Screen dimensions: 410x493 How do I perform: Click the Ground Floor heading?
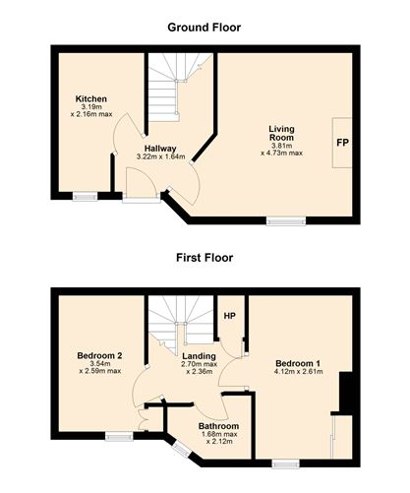tap(204, 28)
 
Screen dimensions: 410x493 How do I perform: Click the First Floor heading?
tap(205, 258)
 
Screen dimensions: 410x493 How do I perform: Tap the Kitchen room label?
tap(91, 98)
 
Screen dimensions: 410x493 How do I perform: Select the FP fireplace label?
tap(342, 143)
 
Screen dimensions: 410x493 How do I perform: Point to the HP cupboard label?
tap(230, 316)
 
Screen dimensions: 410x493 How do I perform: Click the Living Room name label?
tap(281, 133)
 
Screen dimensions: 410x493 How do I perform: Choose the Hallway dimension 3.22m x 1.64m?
tap(160, 156)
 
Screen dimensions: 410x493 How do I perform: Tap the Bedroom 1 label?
tap(298, 363)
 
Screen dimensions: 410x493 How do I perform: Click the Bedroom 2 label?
tap(99, 355)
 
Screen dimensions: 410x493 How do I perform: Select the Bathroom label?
tap(218, 426)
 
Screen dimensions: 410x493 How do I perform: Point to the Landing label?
tap(199, 356)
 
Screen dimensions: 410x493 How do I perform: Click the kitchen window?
tap(86, 196)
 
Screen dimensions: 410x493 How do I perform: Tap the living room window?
tap(286, 221)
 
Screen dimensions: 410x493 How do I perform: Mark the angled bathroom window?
tap(181, 449)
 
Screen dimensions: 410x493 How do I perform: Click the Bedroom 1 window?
tap(285, 463)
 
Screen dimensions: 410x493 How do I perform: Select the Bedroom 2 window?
tap(119, 436)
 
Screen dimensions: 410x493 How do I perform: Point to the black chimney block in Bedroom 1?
tap(344, 394)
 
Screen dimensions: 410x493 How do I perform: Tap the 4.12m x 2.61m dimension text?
tap(298, 372)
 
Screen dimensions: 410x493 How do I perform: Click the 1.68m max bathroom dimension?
tap(219, 434)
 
